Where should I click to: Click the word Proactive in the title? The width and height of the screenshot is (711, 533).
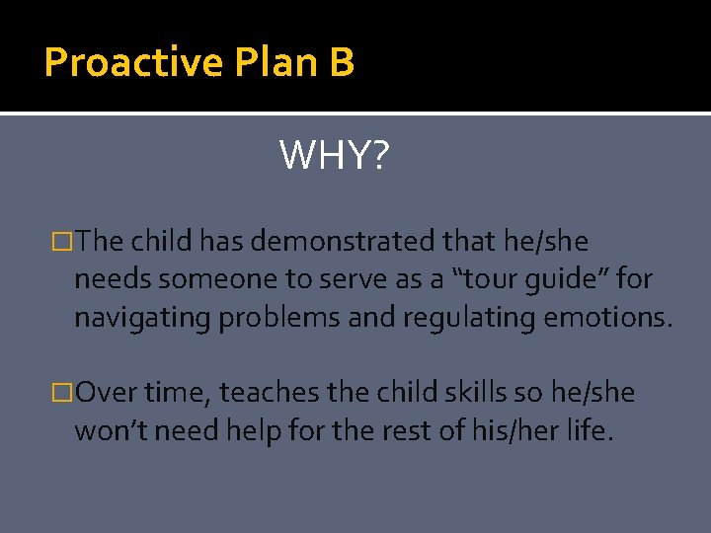(134, 62)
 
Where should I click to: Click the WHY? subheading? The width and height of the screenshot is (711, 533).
(335, 155)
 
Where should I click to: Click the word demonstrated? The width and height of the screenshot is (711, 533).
(328, 241)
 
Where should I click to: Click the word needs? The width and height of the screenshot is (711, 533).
(113, 279)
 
